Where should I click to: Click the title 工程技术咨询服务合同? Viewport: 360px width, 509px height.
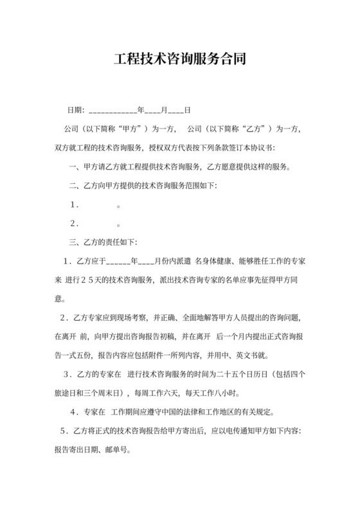point(179,60)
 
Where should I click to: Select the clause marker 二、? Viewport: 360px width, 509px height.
point(75,186)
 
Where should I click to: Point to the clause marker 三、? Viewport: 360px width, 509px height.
point(75,242)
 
